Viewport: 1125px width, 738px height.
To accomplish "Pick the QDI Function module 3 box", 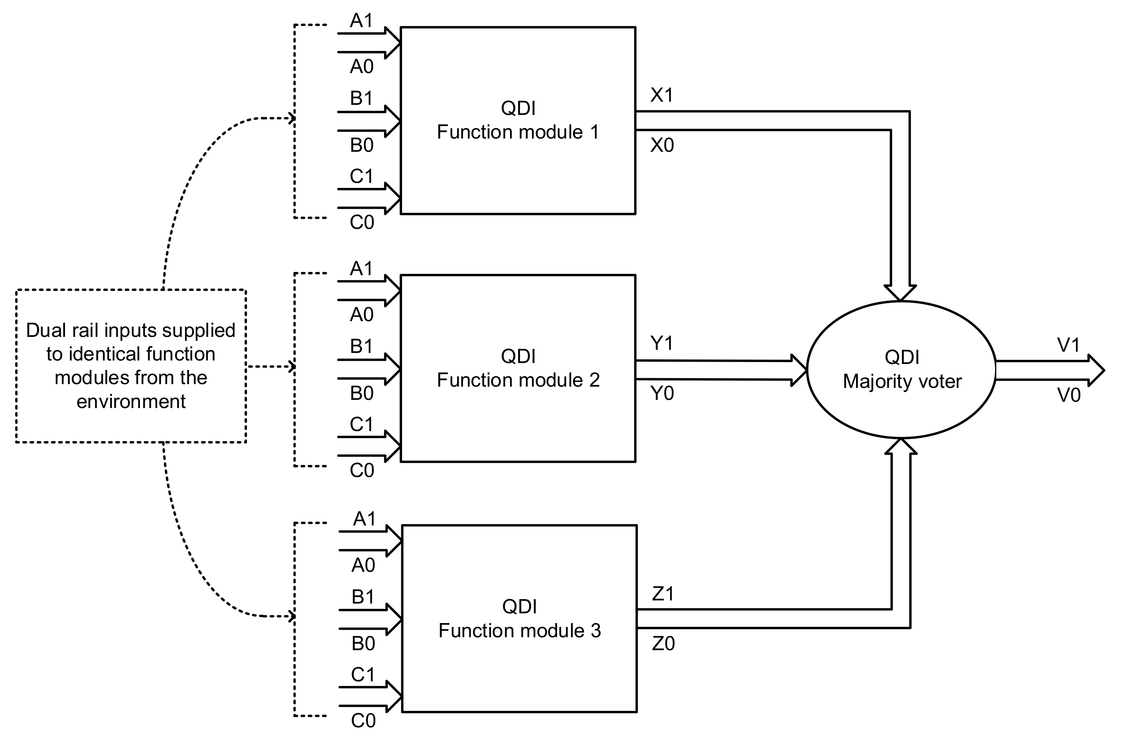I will [x=519, y=618].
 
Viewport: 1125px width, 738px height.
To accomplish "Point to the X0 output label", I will [x=662, y=145].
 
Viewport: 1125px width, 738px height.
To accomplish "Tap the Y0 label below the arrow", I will [x=662, y=394].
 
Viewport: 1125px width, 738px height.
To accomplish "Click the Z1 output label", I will [x=663, y=594].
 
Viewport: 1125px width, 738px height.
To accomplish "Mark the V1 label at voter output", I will [x=1068, y=345].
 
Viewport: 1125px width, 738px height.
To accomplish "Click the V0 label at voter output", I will [x=1069, y=395].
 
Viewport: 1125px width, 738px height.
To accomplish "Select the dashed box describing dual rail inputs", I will [x=131, y=366].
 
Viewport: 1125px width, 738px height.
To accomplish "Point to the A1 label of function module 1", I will [x=361, y=20].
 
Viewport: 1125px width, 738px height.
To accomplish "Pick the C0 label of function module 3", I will [x=363, y=720].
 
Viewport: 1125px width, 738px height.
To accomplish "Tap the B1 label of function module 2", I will [x=361, y=347].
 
